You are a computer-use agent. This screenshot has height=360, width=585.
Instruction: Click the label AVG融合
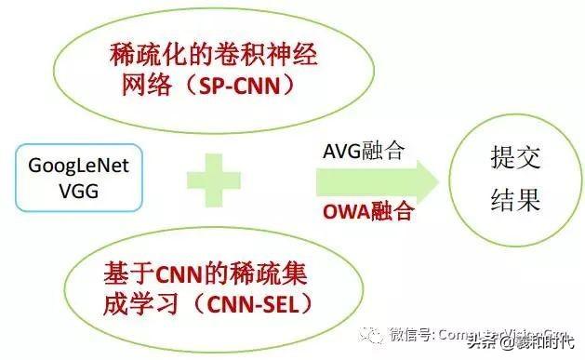[364, 152]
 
